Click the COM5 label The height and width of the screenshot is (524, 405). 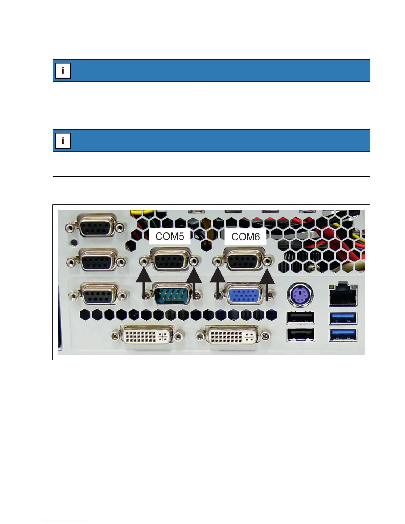pyautogui.click(x=169, y=236)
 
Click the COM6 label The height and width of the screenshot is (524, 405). pyautogui.click(x=246, y=237)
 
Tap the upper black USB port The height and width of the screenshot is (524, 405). pyautogui.click(x=300, y=318)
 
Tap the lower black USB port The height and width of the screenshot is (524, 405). pyautogui.click(x=300, y=335)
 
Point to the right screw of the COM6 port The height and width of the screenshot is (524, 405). pyautogui.click(x=268, y=261)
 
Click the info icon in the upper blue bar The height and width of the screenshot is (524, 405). pyautogui.click(x=63, y=71)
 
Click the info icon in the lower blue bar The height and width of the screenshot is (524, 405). pyautogui.click(x=63, y=141)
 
